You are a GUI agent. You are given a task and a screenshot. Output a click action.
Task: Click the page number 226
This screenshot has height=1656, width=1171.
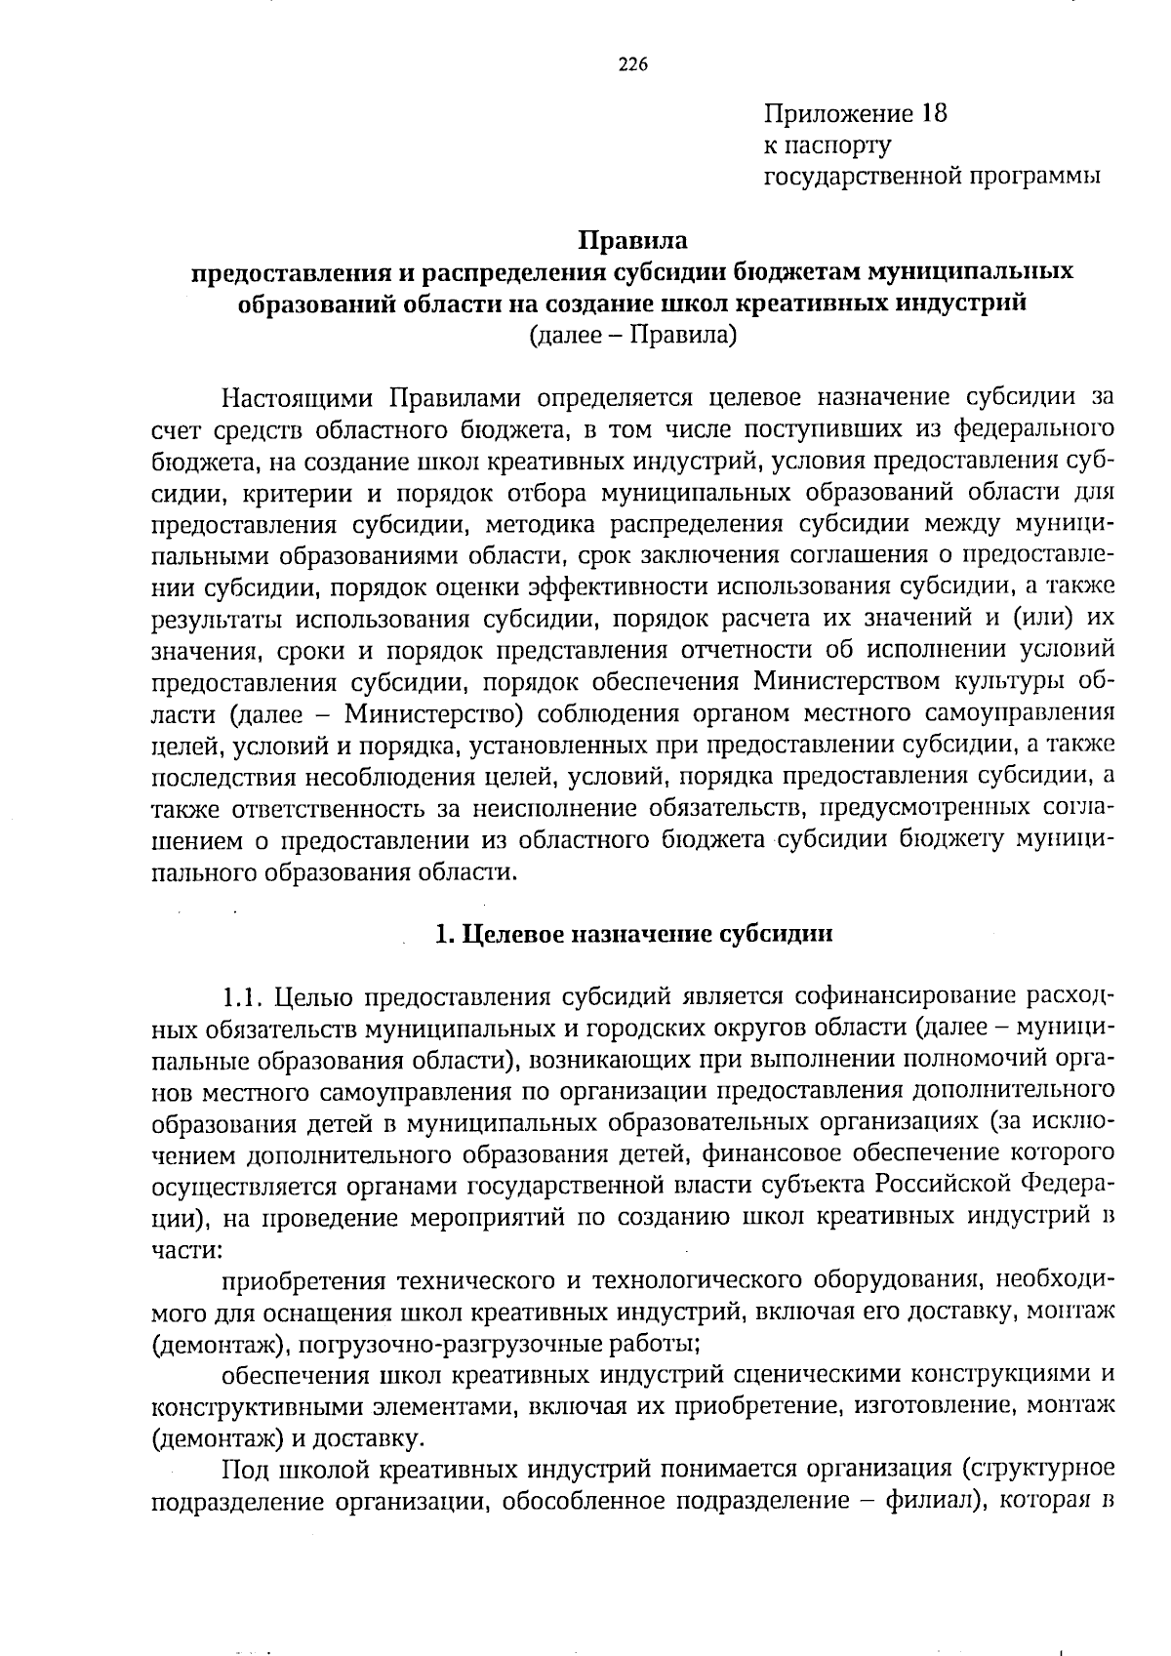click(x=633, y=65)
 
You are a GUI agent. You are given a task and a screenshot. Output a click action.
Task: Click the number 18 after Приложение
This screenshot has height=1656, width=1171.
click(x=932, y=113)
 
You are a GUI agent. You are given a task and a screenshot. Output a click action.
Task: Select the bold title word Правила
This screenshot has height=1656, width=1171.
click(x=633, y=240)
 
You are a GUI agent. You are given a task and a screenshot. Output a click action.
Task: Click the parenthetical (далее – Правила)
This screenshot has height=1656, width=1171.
click(x=632, y=336)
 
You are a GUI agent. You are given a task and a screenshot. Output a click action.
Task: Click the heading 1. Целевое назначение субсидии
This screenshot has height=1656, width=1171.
click(x=633, y=934)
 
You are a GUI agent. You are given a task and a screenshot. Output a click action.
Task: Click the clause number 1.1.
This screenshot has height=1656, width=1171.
click(x=244, y=997)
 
